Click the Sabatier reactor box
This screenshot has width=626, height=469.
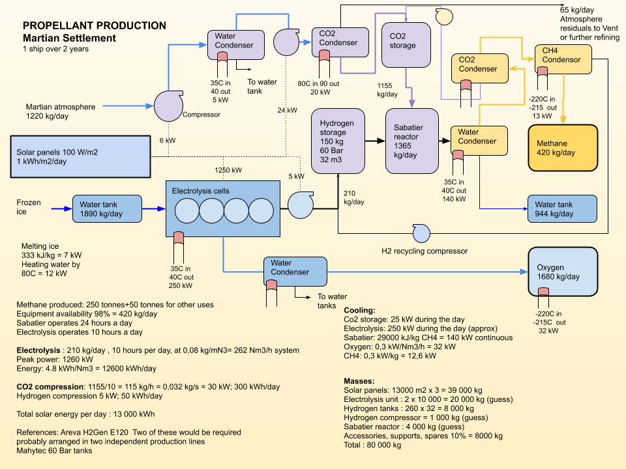[x=412, y=141]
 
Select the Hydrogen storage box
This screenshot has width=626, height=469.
[x=338, y=141]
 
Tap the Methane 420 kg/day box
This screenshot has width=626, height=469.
[x=563, y=148]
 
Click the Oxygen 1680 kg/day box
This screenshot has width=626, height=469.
[x=563, y=272]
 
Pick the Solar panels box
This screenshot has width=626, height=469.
[x=80, y=156]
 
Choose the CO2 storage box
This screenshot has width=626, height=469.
[x=406, y=45]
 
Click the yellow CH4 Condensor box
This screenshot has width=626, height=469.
[x=563, y=59]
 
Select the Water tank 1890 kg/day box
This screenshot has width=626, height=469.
[x=107, y=208]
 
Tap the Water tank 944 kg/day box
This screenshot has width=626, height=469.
[x=562, y=208]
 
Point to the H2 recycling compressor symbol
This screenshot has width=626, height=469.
[x=421, y=233]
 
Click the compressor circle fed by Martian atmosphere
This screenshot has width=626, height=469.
[x=168, y=106]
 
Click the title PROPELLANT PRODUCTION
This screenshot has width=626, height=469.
[x=94, y=25]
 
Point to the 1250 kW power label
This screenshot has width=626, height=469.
[x=228, y=170]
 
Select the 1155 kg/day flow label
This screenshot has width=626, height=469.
[x=387, y=90]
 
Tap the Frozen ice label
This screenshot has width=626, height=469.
[x=29, y=207]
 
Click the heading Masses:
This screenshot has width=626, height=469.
[x=359, y=381]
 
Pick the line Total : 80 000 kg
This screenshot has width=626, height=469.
[x=372, y=445]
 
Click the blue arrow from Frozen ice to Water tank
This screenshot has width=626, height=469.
[x=62, y=208]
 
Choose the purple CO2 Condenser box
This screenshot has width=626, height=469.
[x=340, y=42]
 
